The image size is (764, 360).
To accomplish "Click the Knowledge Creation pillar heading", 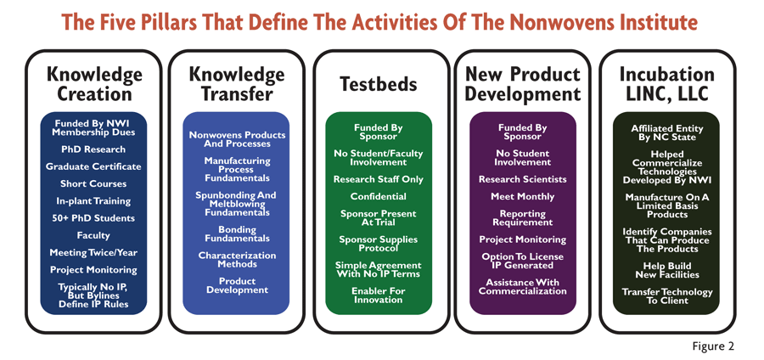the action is click(x=94, y=84).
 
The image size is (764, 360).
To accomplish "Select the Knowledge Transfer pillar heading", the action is click(x=236, y=84).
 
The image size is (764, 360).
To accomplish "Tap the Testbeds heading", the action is click(x=378, y=84).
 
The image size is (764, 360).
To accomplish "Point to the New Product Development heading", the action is click(x=523, y=84).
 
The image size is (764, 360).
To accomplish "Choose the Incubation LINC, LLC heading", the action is click(x=666, y=84).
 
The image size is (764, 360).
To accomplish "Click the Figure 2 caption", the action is click(x=713, y=346).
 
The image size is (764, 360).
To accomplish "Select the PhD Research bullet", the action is click(x=93, y=149).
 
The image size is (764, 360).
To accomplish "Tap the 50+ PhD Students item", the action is click(x=93, y=218).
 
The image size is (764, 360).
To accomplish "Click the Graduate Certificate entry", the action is click(x=93, y=166).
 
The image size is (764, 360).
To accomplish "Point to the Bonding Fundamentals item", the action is click(x=237, y=233).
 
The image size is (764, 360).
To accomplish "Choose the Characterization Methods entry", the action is click(x=237, y=260).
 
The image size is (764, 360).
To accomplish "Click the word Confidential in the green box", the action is click(x=378, y=197).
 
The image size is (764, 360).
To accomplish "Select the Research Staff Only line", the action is click(x=378, y=179).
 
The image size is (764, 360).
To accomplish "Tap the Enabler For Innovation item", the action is click(x=378, y=295).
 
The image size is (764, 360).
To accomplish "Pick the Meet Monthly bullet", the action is click(x=522, y=197).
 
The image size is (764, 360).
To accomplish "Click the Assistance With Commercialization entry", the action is click(x=522, y=286).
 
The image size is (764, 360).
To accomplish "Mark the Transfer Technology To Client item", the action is click(x=666, y=296).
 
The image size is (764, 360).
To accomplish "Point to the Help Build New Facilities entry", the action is click(x=666, y=270).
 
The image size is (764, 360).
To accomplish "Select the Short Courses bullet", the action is click(x=93, y=183).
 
